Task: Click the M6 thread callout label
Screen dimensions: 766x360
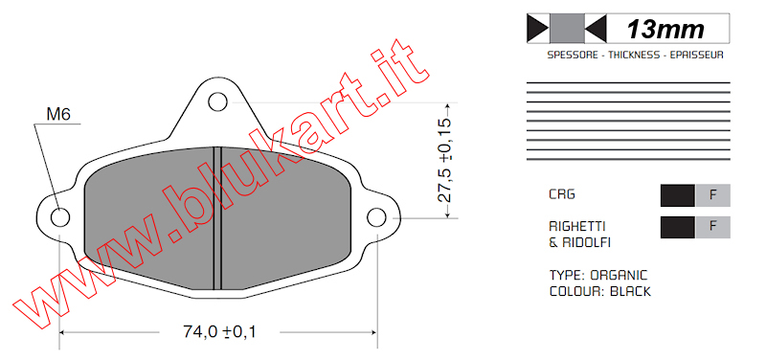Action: pyautogui.click(x=58, y=114)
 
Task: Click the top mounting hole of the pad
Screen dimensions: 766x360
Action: pyautogui.click(x=217, y=101)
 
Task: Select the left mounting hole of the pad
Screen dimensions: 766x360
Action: pyautogui.click(x=60, y=217)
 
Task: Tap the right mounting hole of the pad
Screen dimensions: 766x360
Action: pyautogui.click(x=376, y=217)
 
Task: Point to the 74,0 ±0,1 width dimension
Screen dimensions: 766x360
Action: pyautogui.click(x=219, y=331)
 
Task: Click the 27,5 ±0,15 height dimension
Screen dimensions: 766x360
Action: pyautogui.click(x=443, y=160)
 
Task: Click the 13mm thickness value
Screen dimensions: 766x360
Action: pyautogui.click(x=665, y=30)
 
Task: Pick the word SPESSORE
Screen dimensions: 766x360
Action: pyautogui.click(x=573, y=56)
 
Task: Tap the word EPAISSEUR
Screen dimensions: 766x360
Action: pyautogui.click(x=696, y=56)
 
